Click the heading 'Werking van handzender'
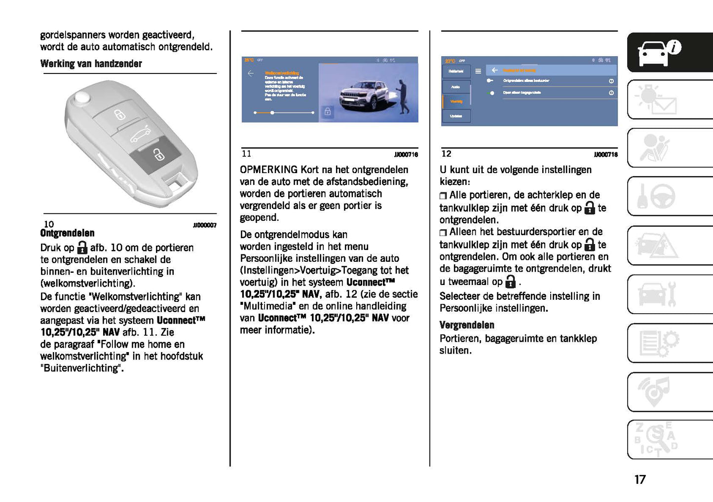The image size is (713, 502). [91, 64]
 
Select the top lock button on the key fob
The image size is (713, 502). [119, 115]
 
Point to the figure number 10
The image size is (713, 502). [49, 224]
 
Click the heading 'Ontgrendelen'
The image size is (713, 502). [67, 233]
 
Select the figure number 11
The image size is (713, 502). [246, 154]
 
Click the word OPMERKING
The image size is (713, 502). [268, 170]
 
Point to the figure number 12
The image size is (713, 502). [446, 154]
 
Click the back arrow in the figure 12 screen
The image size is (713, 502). [494, 71]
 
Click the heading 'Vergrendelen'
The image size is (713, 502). [466, 325]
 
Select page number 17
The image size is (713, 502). [639, 479]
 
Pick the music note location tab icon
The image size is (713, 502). [655, 391]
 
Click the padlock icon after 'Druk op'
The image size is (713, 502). [82, 248]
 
